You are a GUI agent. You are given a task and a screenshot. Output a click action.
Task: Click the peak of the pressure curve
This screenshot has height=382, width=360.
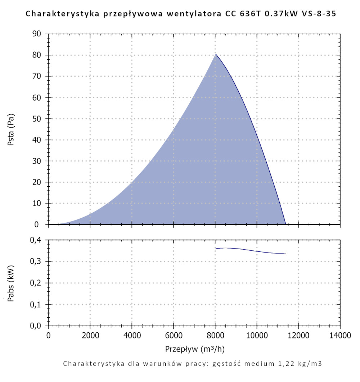tap(216, 54)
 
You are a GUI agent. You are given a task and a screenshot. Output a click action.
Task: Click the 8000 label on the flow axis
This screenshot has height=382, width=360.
tap(215, 336)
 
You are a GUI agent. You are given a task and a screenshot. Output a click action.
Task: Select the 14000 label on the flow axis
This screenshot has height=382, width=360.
tap(340, 336)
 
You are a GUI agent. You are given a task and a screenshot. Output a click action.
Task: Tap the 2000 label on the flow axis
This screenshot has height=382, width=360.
tap(90, 336)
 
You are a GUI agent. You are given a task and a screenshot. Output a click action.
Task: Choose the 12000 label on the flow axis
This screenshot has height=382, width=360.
tap(298, 336)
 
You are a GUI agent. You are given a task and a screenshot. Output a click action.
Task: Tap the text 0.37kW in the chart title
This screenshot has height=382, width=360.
tap(265, 15)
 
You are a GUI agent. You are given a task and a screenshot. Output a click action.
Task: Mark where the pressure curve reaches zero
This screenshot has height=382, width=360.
tap(286, 224)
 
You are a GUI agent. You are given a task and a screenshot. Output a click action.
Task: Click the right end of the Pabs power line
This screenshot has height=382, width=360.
tap(285, 253)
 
